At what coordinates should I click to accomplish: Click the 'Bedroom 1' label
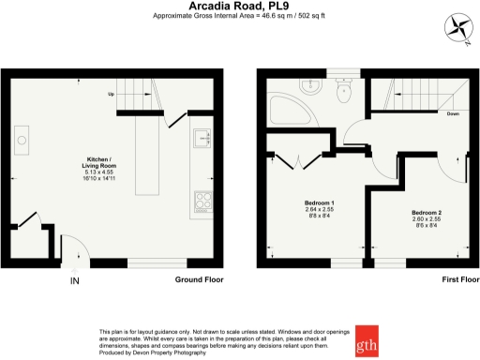(321, 203)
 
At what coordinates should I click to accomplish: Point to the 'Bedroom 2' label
(427, 213)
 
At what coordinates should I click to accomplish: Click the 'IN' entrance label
(75, 279)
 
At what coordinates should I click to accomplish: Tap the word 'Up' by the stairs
(111, 95)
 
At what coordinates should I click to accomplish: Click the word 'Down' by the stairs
(452, 113)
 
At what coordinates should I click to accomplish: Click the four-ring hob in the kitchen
(202, 200)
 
